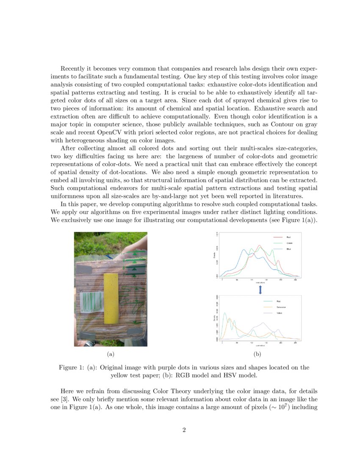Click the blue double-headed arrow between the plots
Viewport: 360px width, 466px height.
(x=260, y=289)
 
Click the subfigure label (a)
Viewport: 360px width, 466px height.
(x=111, y=353)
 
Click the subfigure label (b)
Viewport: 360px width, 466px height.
(x=257, y=353)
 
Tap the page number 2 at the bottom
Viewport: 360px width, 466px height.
(x=184, y=430)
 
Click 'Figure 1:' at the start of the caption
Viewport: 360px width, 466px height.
(x=71, y=367)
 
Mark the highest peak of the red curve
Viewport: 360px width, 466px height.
(x=259, y=246)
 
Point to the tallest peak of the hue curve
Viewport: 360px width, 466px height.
(x=224, y=313)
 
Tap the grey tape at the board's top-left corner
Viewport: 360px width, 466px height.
(x=83, y=269)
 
